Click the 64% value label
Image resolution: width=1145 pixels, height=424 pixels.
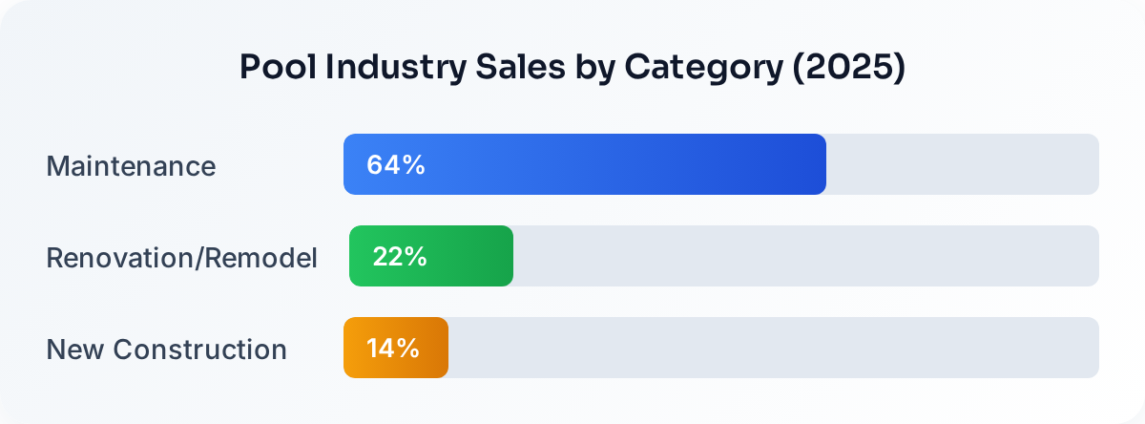click(395, 164)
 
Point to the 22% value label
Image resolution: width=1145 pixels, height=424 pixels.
click(399, 256)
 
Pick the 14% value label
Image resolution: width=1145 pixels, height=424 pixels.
click(393, 348)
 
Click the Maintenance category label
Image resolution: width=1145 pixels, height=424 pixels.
click(131, 166)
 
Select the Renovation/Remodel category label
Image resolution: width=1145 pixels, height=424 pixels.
click(181, 258)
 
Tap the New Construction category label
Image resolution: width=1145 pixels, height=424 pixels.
click(166, 350)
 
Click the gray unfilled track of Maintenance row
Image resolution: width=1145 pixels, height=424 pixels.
click(962, 164)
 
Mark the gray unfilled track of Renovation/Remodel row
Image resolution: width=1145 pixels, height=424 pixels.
click(806, 256)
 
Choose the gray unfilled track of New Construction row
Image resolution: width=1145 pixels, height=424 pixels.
click(773, 348)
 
